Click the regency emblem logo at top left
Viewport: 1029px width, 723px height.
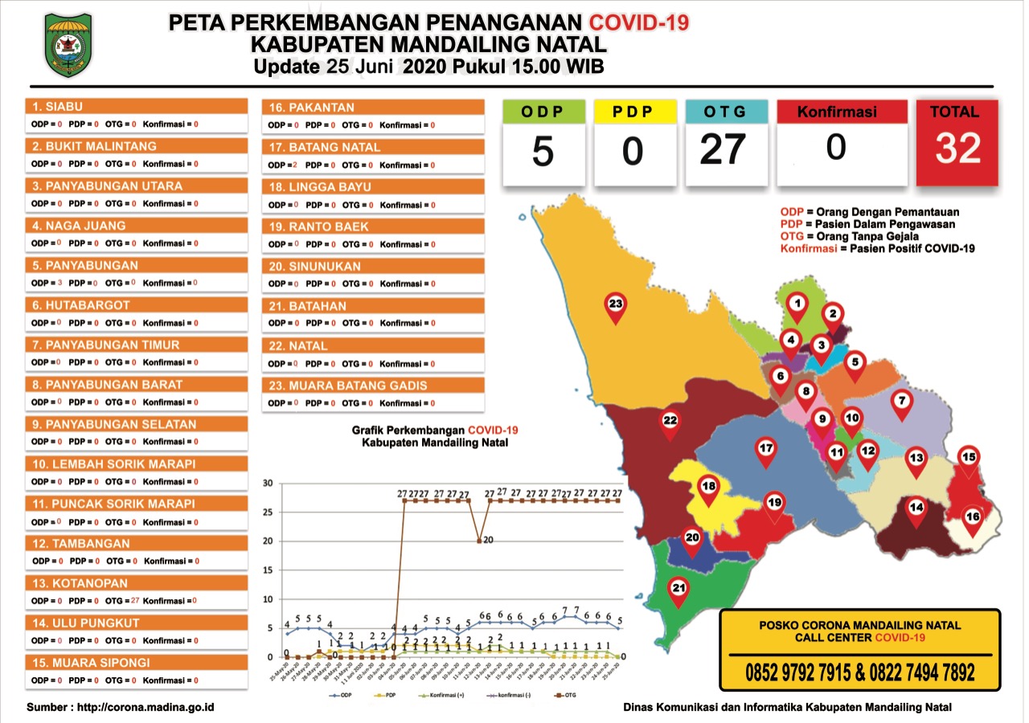(68, 44)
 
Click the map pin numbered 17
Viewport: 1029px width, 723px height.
(766, 451)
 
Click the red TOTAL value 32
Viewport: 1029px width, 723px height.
(957, 149)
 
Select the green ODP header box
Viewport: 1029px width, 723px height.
(543, 112)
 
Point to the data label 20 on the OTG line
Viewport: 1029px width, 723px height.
(488, 540)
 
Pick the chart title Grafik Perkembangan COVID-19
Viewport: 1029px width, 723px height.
(435, 431)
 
